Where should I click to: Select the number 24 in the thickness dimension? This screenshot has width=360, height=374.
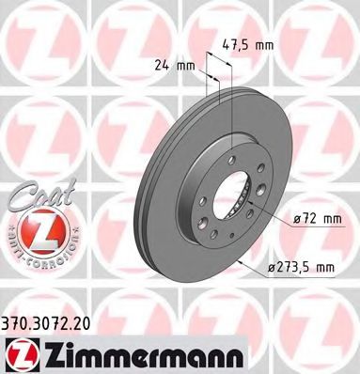pos(162,66)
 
